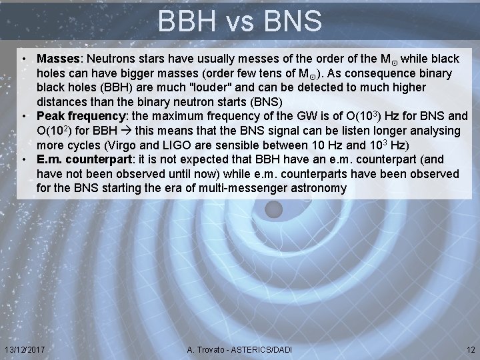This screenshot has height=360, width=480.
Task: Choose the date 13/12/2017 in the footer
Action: [24, 350]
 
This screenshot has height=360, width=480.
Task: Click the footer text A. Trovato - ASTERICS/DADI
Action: [239, 350]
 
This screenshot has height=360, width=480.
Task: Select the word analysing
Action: [436, 131]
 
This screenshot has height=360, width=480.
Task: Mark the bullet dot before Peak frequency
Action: [24, 117]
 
